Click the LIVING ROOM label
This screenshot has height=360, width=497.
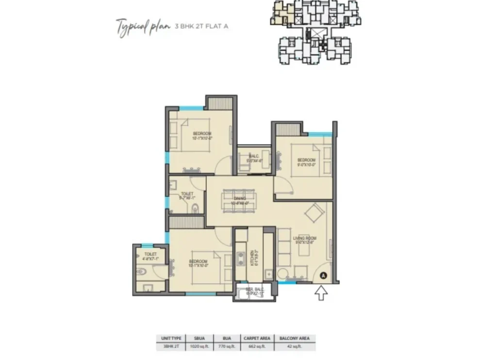304,238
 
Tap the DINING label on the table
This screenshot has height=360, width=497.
240,198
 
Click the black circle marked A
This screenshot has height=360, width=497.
323,275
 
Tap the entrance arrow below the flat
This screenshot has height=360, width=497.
321,293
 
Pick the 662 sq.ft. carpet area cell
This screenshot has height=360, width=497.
257,346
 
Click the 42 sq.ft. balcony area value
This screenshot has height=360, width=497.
294,346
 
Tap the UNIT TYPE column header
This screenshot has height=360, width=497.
167,338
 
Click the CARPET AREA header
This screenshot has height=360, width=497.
257,338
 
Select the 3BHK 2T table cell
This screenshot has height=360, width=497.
167,346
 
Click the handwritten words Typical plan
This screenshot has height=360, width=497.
143,25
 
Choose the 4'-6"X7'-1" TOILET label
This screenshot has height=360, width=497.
150,257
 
